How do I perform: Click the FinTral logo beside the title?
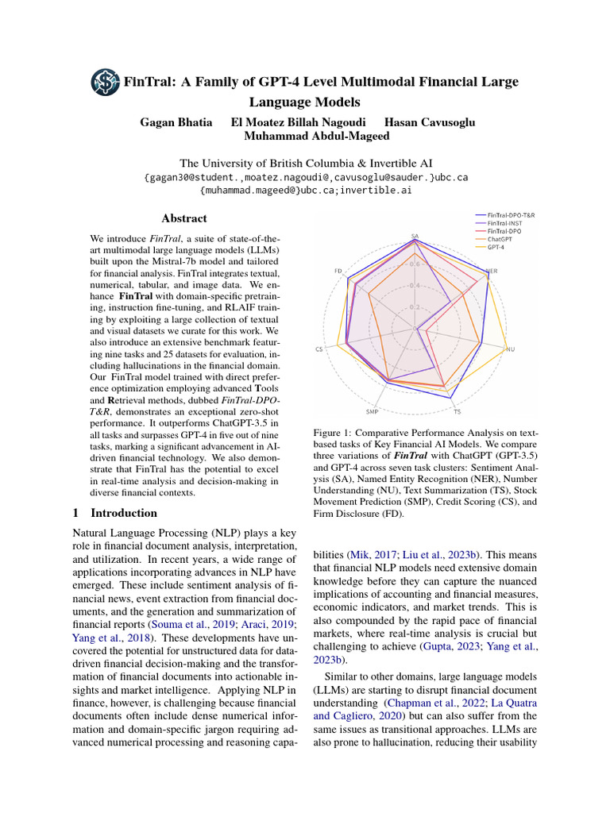coord(105,82)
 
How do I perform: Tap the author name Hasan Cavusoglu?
coord(430,122)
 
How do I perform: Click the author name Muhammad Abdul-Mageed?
coord(304,137)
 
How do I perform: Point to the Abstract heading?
coord(184,218)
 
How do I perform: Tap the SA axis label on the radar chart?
coord(415,236)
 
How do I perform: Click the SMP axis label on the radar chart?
coord(373,412)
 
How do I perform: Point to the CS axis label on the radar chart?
coord(319,349)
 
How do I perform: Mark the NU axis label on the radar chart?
coord(511,349)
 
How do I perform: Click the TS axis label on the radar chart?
coord(457,412)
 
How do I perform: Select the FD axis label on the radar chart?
coord(338,271)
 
